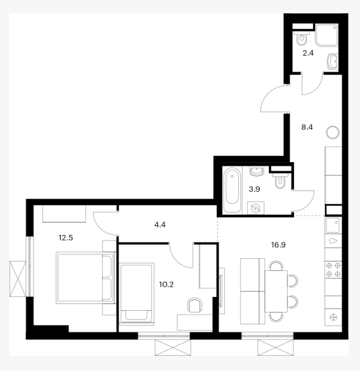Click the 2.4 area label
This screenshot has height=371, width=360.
tap(308, 53)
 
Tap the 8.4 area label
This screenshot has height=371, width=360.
tap(307, 127)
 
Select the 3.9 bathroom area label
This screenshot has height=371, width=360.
tap(254, 189)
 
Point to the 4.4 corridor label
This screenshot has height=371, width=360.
tap(160, 225)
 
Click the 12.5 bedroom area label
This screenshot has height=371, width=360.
tap(66, 237)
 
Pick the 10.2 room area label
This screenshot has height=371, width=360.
tap(166, 284)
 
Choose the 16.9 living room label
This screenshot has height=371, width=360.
tap(278, 244)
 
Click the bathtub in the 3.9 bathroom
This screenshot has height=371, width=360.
tap(232, 189)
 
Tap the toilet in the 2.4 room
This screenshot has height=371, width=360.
tap(302, 39)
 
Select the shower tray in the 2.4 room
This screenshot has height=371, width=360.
tap(326, 35)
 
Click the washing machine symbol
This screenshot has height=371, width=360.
tap(256, 208)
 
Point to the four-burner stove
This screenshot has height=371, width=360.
tap(333, 270)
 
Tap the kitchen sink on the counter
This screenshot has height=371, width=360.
tap(333, 225)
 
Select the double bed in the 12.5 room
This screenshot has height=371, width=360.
tap(86, 278)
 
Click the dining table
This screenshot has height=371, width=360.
tap(276, 291)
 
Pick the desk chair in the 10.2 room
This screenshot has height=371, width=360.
tap(195, 305)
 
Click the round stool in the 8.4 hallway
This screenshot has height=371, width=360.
tap(333, 132)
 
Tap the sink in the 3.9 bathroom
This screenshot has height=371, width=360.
tap(257, 171)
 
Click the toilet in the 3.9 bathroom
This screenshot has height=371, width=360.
tap(280, 180)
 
